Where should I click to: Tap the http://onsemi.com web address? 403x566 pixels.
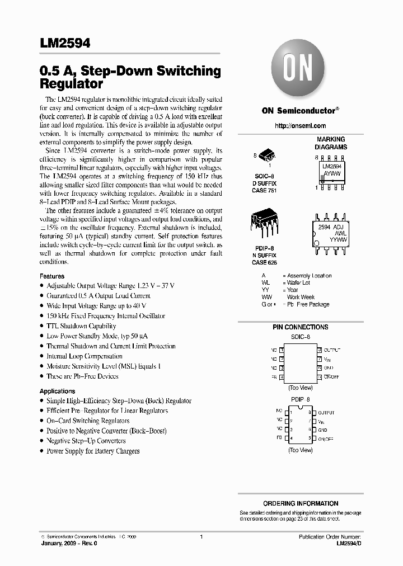coord(301,126)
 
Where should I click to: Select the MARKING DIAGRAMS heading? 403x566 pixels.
coord(331,143)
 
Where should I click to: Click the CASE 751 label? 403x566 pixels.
coord(264,191)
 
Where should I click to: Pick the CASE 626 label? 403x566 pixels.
coord(264,262)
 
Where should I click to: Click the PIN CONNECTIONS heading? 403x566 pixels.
coord(300,327)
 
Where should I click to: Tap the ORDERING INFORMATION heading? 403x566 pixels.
coord(301,503)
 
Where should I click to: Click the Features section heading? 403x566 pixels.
coord(52,276)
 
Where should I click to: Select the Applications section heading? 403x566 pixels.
coord(57,392)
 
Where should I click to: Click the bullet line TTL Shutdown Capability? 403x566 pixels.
coord(81,326)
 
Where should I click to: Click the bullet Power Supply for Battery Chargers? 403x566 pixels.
coord(93,451)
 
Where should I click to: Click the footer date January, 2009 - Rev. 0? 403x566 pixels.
coord(65,543)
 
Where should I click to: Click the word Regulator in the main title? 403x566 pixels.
coord(71,84)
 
